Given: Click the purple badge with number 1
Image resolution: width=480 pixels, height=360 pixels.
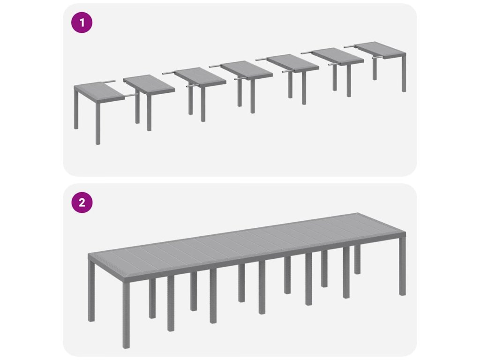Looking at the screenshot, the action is (x=82, y=22).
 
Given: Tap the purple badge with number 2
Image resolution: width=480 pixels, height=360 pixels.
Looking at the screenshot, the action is (x=82, y=202).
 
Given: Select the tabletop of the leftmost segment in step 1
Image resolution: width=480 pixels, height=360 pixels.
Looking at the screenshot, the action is (x=98, y=90).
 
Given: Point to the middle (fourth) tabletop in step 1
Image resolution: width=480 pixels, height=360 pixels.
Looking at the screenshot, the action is (x=246, y=69).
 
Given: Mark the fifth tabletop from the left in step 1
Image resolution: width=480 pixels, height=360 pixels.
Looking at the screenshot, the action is (x=292, y=63).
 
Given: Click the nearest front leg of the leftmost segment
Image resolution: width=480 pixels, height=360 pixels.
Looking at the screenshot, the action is (x=98, y=122).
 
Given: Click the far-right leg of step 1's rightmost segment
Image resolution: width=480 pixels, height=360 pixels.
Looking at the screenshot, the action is (x=404, y=72).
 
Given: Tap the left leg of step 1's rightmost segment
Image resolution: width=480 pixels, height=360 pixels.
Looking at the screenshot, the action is (x=375, y=69).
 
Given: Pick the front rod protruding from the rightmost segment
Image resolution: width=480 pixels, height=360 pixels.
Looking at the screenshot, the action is (x=378, y=57).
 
